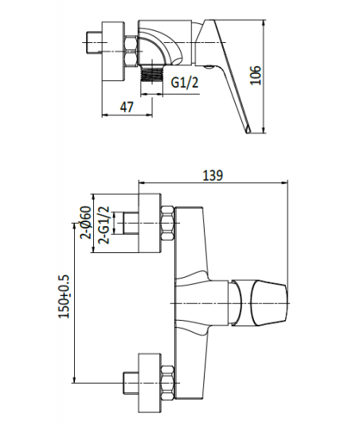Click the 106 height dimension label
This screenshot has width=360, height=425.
(x=256, y=75)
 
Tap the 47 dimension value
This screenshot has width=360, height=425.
(x=127, y=107)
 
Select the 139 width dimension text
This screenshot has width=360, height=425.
(x=213, y=175)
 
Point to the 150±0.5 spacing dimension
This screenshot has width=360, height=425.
(x=64, y=296)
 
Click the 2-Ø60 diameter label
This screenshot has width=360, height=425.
(x=85, y=222)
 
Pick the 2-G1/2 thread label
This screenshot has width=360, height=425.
(x=104, y=225)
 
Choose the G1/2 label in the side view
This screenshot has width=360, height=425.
(x=185, y=82)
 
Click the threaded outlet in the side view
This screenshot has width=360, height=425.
(x=151, y=73)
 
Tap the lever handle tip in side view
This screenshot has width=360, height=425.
(x=248, y=130)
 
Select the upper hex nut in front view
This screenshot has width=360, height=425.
(x=167, y=224)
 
